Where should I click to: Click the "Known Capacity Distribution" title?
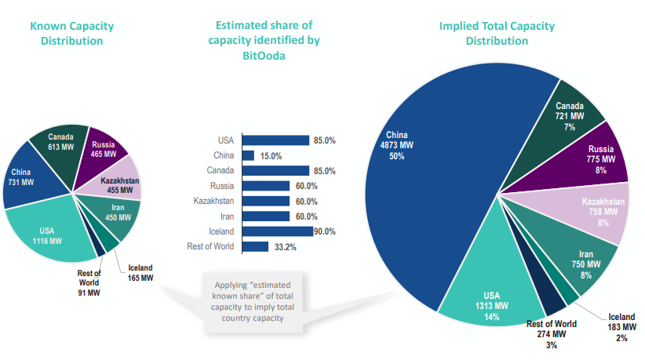click(x=71, y=33)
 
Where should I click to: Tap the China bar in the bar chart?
click(x=249, y=156)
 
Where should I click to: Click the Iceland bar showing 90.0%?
click(x=278, y=231)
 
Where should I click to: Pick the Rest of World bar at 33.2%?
click(x=256, y=247)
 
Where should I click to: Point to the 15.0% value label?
click(x=271, y=156)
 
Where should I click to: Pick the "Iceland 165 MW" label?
click(x=140, y=273)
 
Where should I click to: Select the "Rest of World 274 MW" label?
click(x=552, y=333)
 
